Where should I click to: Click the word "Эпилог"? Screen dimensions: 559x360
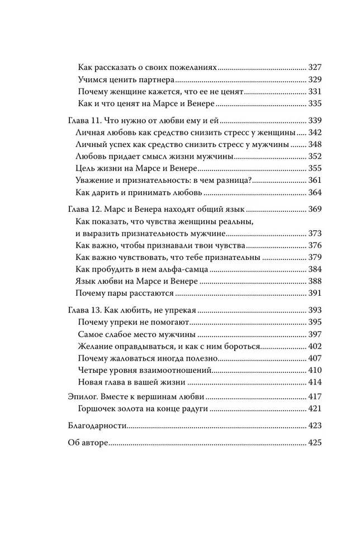[75, 396]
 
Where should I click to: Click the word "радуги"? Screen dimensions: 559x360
[196, 409]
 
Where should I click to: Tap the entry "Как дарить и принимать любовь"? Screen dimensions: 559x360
[138, 193]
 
